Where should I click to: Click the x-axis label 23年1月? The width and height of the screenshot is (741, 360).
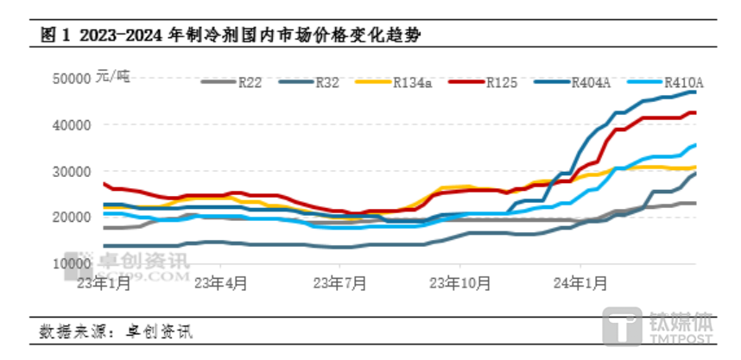[104, 281]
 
